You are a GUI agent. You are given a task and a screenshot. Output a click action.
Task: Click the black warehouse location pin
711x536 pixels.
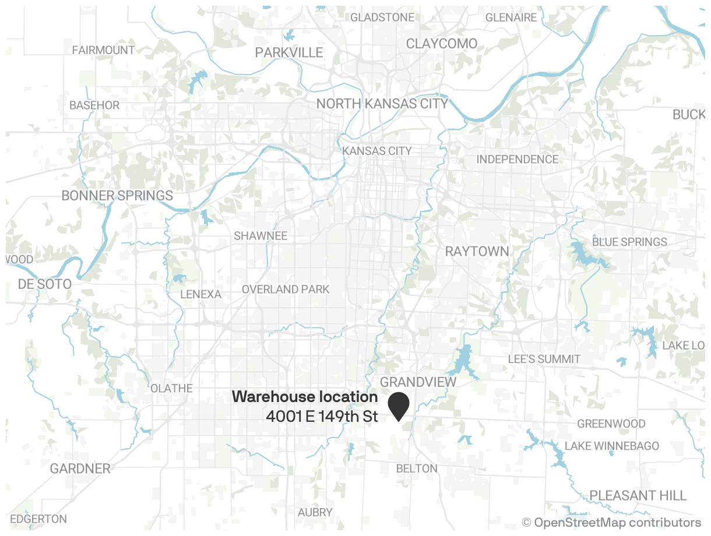[399, 404]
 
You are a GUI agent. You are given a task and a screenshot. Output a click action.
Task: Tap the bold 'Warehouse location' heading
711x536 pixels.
[305, 397]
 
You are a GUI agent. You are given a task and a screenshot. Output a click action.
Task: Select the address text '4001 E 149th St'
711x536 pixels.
[322, 417]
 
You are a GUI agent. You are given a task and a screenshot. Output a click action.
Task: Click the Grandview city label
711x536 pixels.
[418, 382]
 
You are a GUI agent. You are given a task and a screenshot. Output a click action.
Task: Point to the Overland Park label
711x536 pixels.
[286, 289]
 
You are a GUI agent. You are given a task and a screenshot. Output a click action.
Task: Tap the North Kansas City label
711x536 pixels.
[382, 104]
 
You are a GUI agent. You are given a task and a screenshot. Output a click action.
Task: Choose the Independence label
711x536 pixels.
[517, 159]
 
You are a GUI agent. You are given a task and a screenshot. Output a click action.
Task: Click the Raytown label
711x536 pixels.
[477, 251]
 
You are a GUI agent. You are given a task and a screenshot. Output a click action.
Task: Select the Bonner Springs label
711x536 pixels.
[117, 195]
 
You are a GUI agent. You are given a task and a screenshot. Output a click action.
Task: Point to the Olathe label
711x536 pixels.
[171, 388]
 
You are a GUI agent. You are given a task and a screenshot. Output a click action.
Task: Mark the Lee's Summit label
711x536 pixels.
[544, 359]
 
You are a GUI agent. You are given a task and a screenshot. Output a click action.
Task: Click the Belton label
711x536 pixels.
[416, 468]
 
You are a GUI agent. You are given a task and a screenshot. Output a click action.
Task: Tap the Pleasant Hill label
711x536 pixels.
[638, 495]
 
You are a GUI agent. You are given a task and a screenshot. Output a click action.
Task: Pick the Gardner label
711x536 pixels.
[80, 468]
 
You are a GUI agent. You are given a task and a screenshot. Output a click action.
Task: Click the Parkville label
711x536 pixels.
[288, 52]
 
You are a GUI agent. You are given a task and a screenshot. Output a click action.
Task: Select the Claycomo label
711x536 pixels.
[441, 44]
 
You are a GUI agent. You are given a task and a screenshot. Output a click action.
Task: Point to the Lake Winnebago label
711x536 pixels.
[612, 446]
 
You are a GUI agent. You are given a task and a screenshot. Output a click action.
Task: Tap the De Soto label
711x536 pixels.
[44, 284]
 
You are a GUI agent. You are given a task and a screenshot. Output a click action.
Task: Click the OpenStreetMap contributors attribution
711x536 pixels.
[611, 522]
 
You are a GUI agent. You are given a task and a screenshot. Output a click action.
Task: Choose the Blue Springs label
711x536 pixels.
[629, 242]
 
